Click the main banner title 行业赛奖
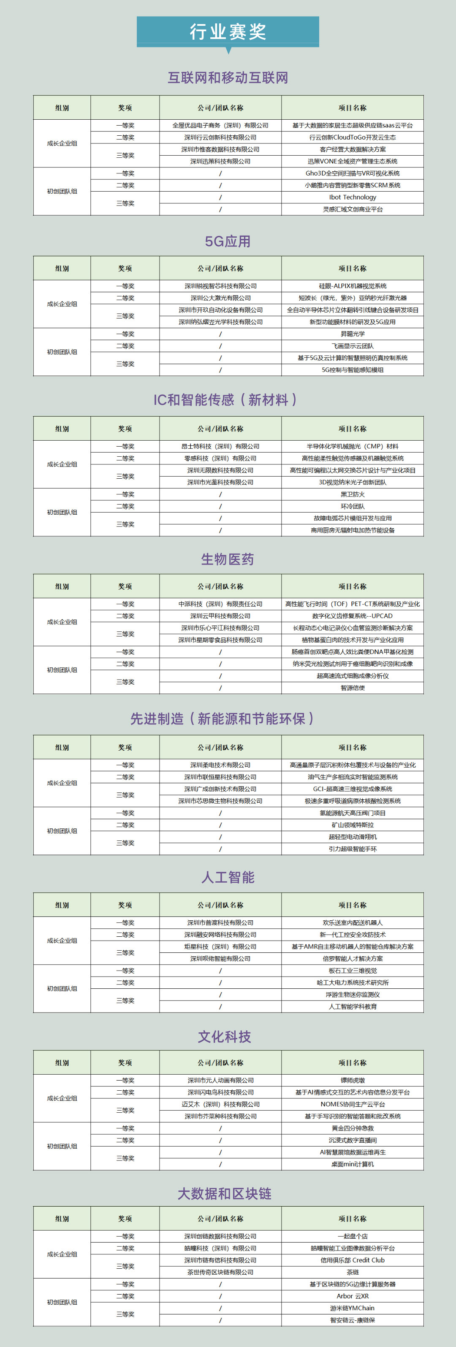click(228, 32)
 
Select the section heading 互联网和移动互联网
click(228, 78)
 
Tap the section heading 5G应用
click(228, 241)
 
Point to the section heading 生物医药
click(228, 560)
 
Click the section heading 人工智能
click(228, 877)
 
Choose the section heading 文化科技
click(225, 1037)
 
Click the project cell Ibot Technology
click(353, 197)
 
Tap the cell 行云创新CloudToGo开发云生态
click(353, 137)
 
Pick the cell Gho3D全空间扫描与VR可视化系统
click(353, 173)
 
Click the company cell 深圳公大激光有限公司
click(220, 298)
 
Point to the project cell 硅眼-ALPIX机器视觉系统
click(353, 286)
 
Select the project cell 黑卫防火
click(353, 494)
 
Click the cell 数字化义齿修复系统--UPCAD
click(353, 616)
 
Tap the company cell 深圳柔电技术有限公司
click(220, 765)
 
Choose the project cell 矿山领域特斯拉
click(353, 825)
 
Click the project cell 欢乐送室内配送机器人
click(353, 922)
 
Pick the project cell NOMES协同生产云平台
click(353, 1104)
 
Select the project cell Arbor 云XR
click(353, 1296)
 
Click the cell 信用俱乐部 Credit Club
click(353, 1260)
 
